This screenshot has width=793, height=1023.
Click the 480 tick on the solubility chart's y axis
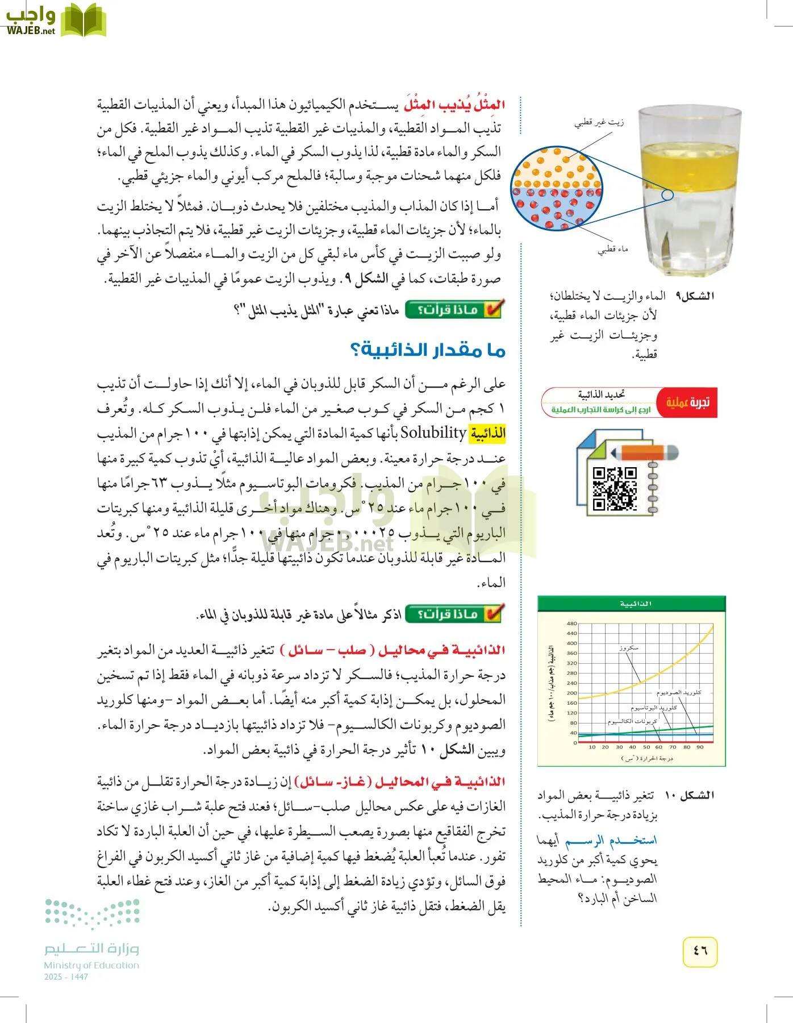571,623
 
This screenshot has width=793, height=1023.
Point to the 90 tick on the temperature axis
700,747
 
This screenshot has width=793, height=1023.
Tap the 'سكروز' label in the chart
629,647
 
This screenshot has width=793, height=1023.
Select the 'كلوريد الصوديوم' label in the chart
679,692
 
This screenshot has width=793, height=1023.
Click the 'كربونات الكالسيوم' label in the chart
632,722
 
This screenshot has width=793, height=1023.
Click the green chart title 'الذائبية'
635,604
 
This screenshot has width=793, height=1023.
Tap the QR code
614,488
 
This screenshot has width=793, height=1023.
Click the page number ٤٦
700,950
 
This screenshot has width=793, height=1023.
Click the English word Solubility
433,433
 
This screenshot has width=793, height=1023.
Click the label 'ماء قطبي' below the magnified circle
612,249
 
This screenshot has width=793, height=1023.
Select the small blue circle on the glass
668,195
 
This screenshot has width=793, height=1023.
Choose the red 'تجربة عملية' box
687,402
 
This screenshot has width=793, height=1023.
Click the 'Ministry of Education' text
91,965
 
